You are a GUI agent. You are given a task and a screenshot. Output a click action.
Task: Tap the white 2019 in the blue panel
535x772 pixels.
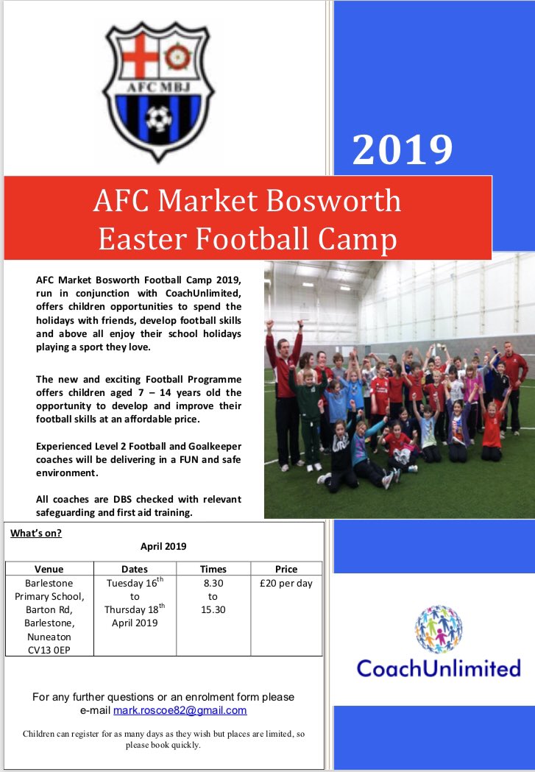click(x=401, y=149)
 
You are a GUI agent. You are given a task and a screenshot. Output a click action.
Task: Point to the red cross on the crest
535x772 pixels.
click(x=135, y=57)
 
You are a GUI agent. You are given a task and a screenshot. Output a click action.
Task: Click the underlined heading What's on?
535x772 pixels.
click(x=36, y=534)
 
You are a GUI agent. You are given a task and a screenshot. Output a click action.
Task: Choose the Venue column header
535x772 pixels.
click(x=49, y=569)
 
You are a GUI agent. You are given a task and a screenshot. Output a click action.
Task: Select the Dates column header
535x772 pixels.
click(x=134, y=569)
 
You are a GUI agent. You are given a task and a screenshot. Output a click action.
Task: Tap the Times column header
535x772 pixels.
click(x=213, y=569)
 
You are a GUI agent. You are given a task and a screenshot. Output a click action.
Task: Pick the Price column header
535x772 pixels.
click(x=286, y=569)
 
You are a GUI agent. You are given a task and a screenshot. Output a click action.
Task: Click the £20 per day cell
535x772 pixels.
click(x=286, y=583)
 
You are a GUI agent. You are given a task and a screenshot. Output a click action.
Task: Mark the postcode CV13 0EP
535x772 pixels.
click(x=49, y=650)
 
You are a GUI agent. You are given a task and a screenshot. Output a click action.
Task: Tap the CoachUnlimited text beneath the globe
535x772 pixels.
click(x=439, y=668)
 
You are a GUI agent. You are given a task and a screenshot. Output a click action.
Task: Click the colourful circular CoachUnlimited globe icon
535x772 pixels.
click(x=438, y=630)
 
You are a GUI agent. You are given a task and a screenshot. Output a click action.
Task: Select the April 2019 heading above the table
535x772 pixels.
click(x=163, y=547)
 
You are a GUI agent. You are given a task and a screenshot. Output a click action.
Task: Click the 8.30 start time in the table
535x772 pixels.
click(x=213, y=583)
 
